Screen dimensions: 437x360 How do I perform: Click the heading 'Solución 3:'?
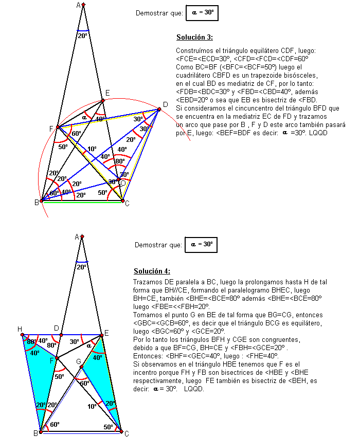point(194,38)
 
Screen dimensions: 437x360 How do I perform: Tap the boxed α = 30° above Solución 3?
point(202,13)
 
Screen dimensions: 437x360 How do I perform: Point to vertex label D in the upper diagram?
point(165,105)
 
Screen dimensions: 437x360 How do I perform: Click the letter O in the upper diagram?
point(122,183)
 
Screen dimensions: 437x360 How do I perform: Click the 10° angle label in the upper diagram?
point(91,149)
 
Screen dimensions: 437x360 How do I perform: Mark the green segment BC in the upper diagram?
point(82,202)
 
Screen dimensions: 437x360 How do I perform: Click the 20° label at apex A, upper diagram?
point(83,36)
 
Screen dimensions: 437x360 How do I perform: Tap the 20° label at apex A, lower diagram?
point(83,267)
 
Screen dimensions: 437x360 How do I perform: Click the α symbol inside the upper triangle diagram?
point(85,117)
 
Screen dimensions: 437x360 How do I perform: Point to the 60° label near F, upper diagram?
point(77,134)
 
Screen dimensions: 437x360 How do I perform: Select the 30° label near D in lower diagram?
point(74,341)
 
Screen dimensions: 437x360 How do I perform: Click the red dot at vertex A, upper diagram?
point(83,5)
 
